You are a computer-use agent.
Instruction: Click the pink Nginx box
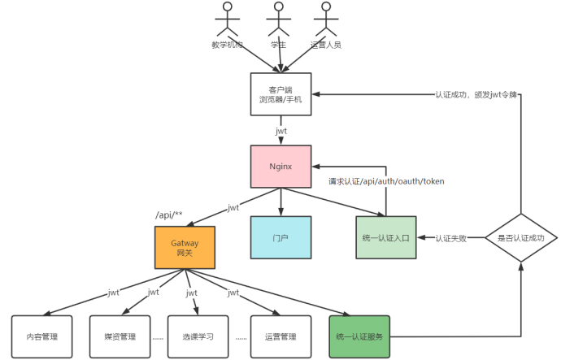point(280,167)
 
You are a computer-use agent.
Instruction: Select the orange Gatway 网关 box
point(185,248)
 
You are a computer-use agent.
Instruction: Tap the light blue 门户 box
point(280,237)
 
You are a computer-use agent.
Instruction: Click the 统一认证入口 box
point(386,237)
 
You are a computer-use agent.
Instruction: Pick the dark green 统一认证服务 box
point(359,336)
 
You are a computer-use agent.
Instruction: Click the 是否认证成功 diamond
point(520,238)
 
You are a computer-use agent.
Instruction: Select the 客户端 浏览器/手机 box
point(280,94)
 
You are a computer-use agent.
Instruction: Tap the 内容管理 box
point(41,336)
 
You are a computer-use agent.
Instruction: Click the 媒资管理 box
point(120,336)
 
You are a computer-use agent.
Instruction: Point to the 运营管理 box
point(280,336)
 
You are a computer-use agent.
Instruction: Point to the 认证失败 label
point(450,238)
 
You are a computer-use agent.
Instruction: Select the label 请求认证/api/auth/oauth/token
point(385,180)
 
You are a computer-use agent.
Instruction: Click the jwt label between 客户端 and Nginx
point(280,128)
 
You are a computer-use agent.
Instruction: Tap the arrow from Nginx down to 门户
point(280,202)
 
